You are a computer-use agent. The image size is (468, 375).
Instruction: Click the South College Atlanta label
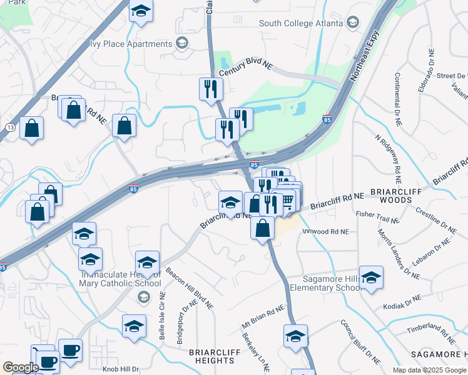(301, 24)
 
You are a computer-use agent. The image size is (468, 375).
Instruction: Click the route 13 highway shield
(10, 127)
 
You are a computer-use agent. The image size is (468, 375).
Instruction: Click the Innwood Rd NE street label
(326, 231)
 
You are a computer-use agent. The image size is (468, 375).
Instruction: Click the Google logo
(21, 367)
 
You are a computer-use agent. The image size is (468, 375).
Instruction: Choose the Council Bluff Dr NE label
(360, 342)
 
